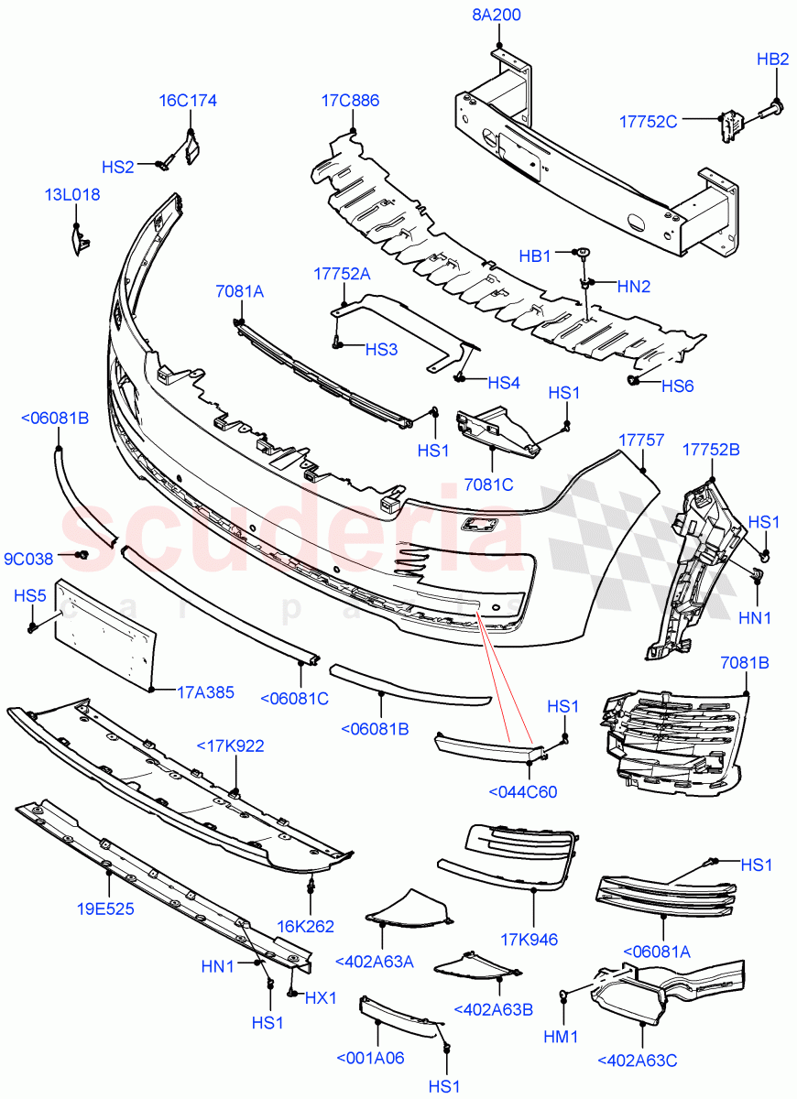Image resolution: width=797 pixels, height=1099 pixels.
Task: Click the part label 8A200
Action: pyautogui.click(x=497, y=15)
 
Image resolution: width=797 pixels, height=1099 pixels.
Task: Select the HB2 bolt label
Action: pyautogui.click(x=772, y=60)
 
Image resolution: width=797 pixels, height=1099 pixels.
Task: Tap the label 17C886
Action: pyautogui.click(x=350, y=101)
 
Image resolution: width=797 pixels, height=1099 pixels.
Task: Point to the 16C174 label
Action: pyautogui.click(x=188, y=101)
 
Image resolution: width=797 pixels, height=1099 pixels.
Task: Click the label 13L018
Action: pyautogui.click(x=72, y=194)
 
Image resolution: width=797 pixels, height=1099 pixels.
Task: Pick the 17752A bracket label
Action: pyautogui.click(x=342, y=273)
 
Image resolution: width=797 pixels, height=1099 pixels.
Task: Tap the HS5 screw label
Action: pyautogui.click(x=29, y=596)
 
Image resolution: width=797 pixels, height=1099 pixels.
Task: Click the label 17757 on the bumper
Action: pyautogui.click(x=641, y=441)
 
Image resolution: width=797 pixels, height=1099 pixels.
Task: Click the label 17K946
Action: pyautogui.click(x=529, y=940)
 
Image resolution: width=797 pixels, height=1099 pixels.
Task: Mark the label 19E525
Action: pyautogui.click(x=108, y=910)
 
